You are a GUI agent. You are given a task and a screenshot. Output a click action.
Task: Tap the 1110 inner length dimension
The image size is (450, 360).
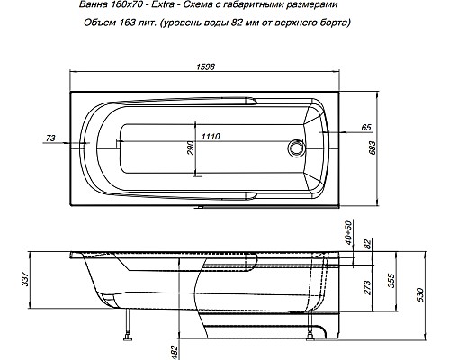coord(211,136)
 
